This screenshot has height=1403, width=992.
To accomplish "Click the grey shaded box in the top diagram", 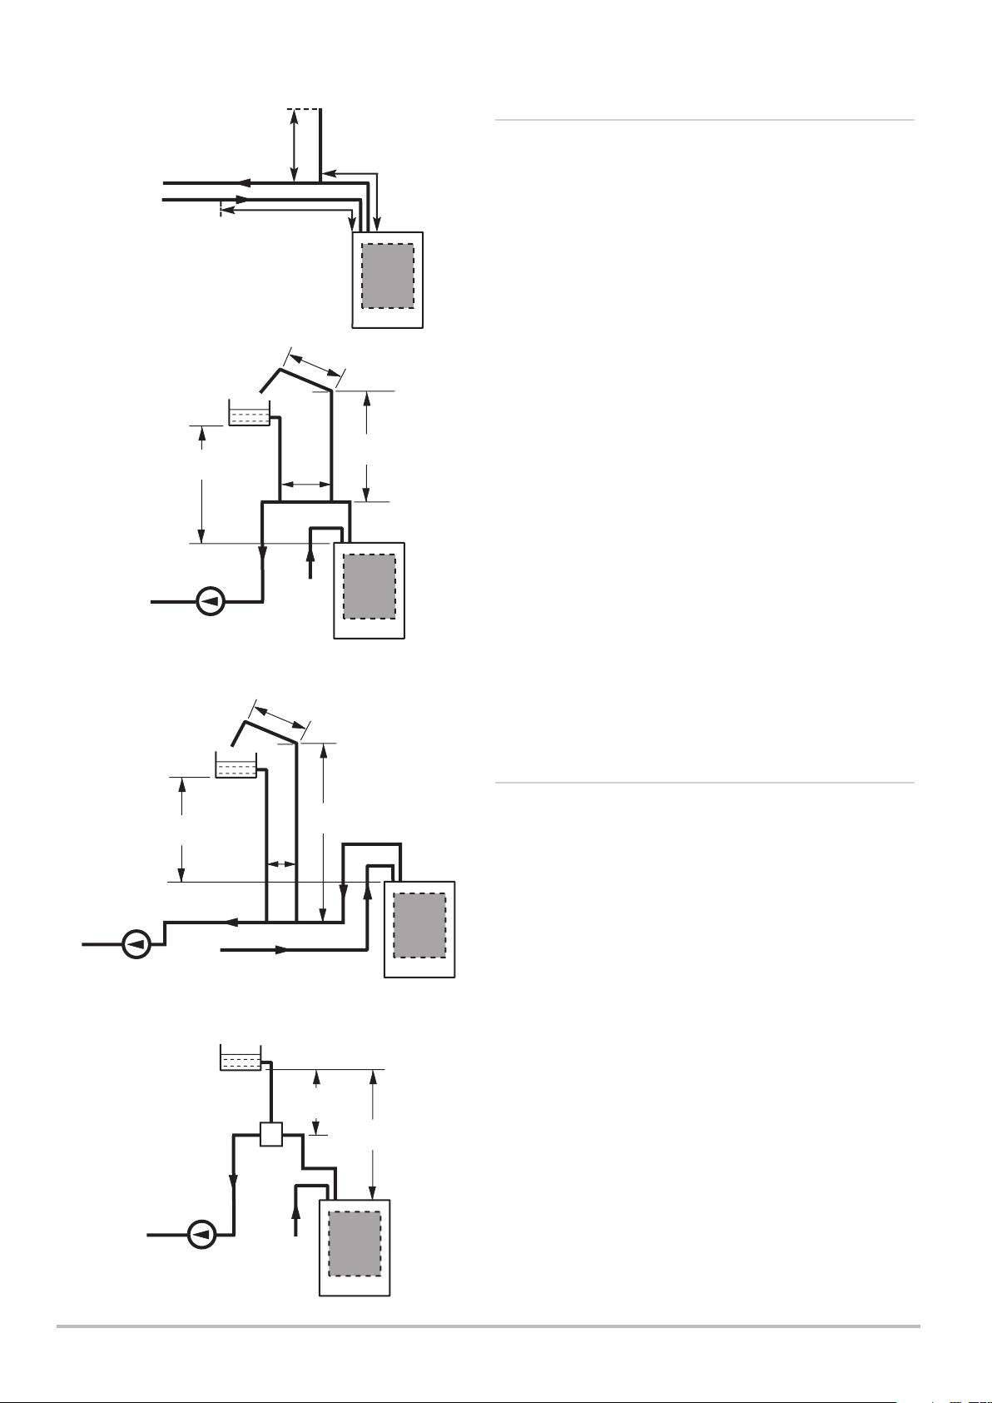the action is [388, 276].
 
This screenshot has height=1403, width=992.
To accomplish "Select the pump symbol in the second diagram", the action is [211, 600].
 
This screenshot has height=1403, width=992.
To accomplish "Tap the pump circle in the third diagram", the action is [136, 945].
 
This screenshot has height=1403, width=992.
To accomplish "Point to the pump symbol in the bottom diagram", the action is [201, 1234].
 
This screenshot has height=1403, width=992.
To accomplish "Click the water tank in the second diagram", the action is [249, 415].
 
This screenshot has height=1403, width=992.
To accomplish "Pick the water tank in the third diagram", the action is [236, 766].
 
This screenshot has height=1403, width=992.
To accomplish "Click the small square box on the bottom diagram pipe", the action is [271, 1134].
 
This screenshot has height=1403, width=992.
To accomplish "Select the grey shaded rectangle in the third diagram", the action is [419, 926].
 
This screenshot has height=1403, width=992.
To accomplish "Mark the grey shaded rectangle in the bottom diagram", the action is [355, 1244].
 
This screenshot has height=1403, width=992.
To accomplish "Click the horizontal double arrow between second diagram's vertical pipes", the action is [305, 483].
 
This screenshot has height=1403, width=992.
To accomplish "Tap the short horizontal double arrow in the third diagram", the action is [281, 863].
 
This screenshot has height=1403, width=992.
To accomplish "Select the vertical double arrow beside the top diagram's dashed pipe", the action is [294, 145].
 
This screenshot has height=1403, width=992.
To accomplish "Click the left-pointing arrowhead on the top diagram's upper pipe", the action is [241, 182].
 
